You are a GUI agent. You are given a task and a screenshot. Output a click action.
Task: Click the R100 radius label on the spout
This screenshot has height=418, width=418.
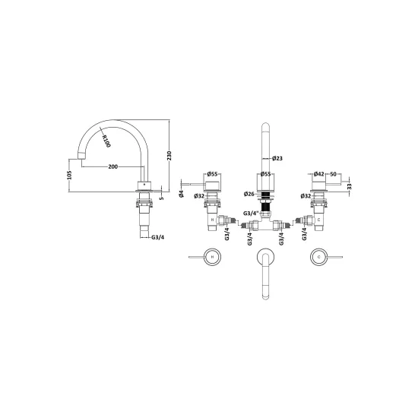click(106, 141)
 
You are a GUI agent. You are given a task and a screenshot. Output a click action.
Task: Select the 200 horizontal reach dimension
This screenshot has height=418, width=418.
click(112, 166)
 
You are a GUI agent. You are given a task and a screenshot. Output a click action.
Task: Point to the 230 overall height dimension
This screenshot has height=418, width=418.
click(169, 156)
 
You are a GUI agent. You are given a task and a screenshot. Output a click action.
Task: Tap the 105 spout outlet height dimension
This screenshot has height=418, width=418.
click(69, 175)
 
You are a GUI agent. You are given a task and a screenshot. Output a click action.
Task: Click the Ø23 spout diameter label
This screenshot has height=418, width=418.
click(277, 158)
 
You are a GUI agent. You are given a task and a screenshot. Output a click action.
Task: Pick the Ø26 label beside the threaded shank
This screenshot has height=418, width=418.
click(249, 194)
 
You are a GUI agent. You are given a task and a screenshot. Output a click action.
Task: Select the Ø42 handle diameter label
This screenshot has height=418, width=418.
click(319, 174)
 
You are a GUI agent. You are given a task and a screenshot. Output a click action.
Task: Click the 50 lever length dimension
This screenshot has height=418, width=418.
click(333, 174)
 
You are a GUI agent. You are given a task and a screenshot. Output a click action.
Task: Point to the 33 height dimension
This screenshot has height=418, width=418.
click(350, 186)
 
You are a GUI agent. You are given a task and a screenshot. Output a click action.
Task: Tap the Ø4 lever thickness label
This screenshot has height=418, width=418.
click(182, 194)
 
